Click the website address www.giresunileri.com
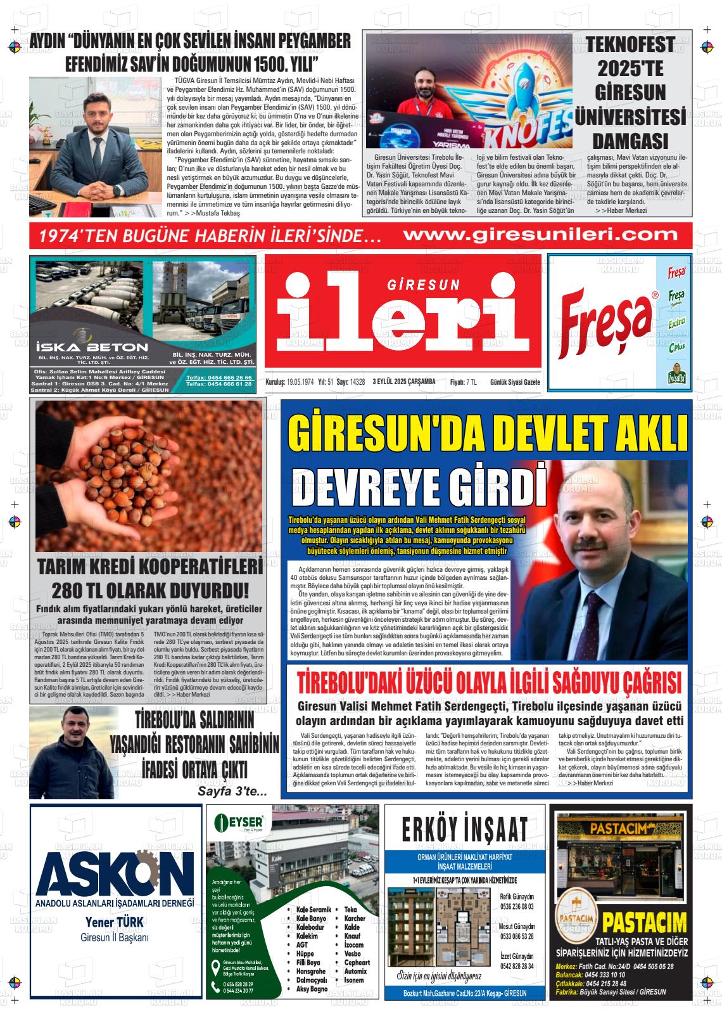(540, 235)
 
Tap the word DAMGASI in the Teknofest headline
(630, 140)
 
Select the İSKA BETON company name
(92, 347)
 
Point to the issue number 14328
(358, 382)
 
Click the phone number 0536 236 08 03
(516, 906)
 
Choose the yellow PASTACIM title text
(644, 922)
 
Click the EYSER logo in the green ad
(240, 822)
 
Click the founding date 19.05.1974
(300, 382)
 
